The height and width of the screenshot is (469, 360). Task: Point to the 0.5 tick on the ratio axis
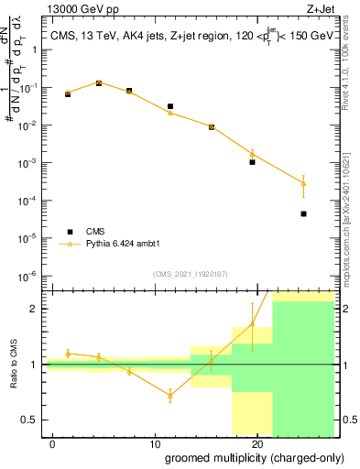point(34,420)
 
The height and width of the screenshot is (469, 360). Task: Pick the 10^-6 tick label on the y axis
point(31,276)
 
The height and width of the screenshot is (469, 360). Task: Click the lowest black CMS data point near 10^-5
point(303,213)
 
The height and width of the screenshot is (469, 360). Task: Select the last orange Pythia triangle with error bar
point(303,183)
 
